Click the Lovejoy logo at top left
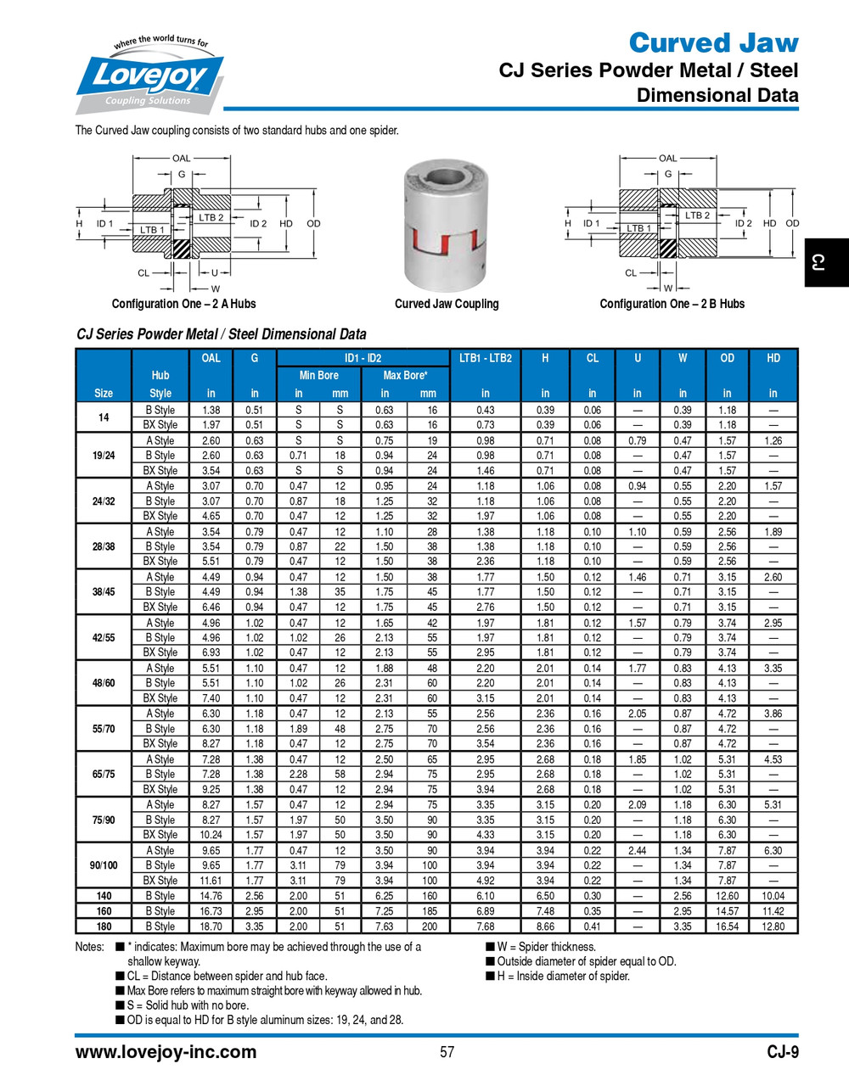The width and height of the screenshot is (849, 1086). (x=149, y=76)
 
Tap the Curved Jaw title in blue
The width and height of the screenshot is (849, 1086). (x=713, y=42)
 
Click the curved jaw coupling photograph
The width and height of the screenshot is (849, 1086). (x=447, y=225)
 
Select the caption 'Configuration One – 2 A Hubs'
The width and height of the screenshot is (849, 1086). (x=183, y=304)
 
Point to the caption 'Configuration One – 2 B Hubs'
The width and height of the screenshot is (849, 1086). (x=672, y=304)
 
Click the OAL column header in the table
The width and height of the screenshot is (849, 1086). (x=211, y=358)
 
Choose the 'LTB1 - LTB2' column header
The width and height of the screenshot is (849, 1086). (x=485, y=358)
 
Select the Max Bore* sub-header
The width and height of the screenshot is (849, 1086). (x=405, y=375)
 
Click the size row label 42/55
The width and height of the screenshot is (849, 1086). (x=104, y=637)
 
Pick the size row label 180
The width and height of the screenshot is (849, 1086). (x=104, y=926)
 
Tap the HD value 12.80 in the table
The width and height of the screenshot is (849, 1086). (x=773, y=926)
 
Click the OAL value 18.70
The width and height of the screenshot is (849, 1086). (x=211, y=926)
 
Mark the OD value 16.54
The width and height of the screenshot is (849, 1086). (x=728, y=926)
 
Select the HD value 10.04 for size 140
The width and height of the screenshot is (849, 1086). (x=773, y=896)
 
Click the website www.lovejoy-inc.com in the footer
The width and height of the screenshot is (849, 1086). (x=166, y=1052)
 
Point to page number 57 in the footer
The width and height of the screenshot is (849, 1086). (x=447, y=1052)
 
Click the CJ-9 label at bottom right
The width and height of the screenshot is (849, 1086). (x=782, y=1052)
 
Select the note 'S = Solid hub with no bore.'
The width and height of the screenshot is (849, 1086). (x=188, y=1005)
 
